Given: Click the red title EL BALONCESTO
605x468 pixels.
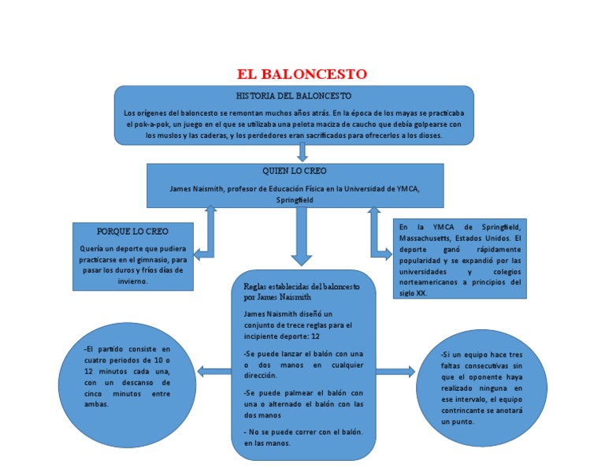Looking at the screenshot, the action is pyautogui.click(x=302, y=75).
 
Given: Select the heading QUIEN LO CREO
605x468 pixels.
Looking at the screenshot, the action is pyautogui.click(x=295, y=170).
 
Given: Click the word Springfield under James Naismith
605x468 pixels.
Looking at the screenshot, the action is pyautogui.click(x=295, y=200).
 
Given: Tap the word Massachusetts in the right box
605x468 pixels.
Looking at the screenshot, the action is pyautogui.click(x=429, y=237).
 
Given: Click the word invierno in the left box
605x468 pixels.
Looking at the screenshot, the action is pyautogui.click(x=132, y=280).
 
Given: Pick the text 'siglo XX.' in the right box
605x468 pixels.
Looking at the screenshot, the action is pyautogui.click(x=417, y=292).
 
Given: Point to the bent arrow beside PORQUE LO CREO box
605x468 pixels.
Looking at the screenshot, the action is pyautogui.click(x=206, y=236).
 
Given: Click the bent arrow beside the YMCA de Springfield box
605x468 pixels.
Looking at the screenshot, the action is pyautogui.click(x=378, y=236).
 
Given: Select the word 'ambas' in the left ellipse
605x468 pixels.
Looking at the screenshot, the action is pyautogui.click(x=96, y=404).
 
